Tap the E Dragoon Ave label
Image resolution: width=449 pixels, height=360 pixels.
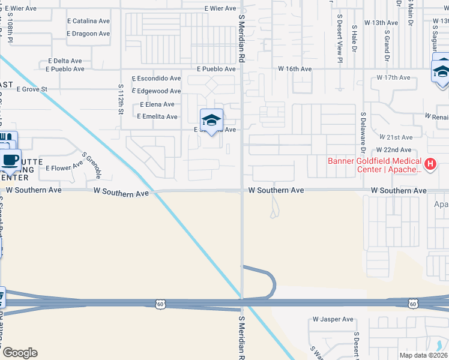[x=90, y=34]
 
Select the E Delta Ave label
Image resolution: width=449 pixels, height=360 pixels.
[x=64, y=61]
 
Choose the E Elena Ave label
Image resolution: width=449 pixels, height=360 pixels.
[x=157, y=104]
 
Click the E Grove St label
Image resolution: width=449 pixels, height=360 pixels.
[x=32, y=89]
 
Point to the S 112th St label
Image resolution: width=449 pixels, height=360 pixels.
[x=121, y=99]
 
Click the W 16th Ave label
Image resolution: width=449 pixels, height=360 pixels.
[x=294, y=70]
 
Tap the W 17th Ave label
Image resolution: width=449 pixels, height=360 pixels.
[x=393, y=78]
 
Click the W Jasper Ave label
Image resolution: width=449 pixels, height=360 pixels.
[x=333, y=320]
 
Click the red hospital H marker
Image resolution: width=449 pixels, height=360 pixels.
[x=430, y=163]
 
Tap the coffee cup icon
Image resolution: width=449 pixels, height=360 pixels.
[x=10, y=160]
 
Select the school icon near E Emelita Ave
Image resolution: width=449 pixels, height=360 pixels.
[x=211, y=120]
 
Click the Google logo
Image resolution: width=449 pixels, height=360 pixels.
[x=20, y=353]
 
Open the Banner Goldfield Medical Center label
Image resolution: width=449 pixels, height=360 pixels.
[x=375, y=165]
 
